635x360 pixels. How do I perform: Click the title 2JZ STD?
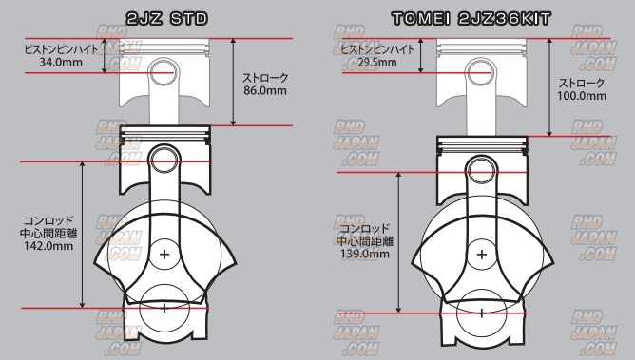tap(167, 19)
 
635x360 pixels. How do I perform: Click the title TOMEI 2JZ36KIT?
tap(471, 19)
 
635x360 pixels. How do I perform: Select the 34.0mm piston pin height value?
tap(61, 63)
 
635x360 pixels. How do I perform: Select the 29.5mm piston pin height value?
tap(377, 63)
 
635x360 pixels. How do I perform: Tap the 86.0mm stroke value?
tap(265, 90)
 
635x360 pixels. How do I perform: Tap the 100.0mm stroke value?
tap(582, 96)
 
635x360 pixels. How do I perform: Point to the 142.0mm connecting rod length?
tap(48, 246)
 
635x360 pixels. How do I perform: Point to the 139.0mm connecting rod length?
tap(365, 254)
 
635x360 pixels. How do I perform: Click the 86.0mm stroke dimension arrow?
tap(233, 82)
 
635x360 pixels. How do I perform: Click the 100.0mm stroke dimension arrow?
tap(549, 87)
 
